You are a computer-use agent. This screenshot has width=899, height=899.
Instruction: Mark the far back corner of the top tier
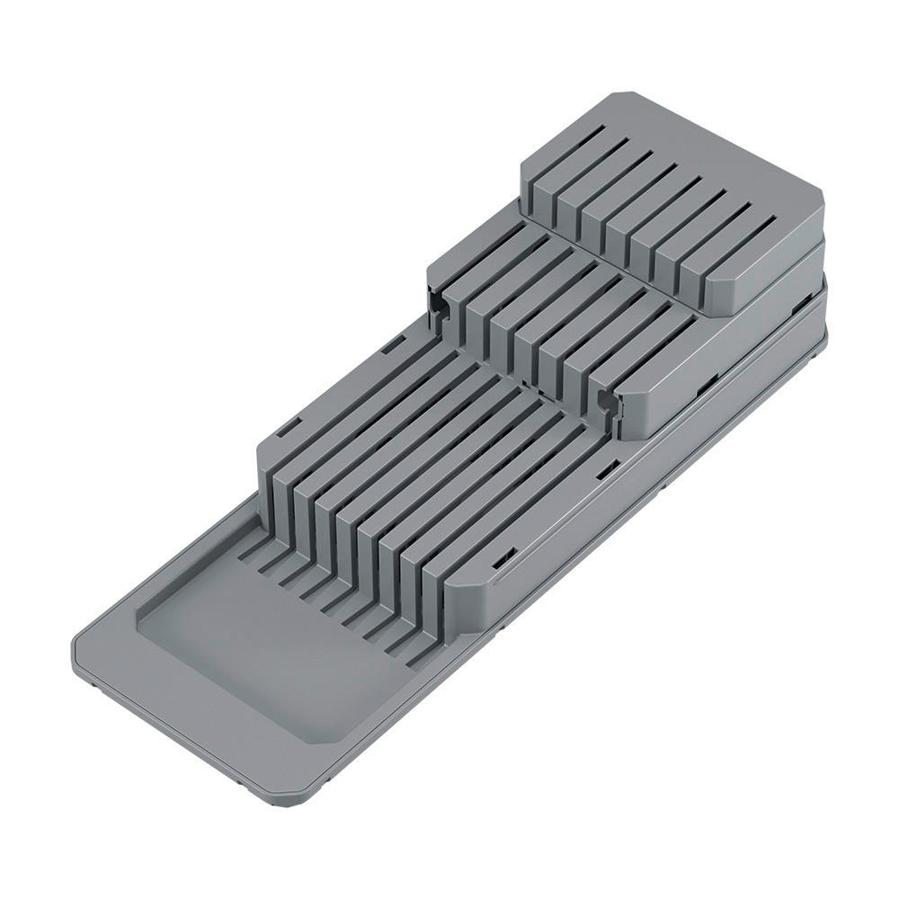pyautogui.click(x=612, y=94)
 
